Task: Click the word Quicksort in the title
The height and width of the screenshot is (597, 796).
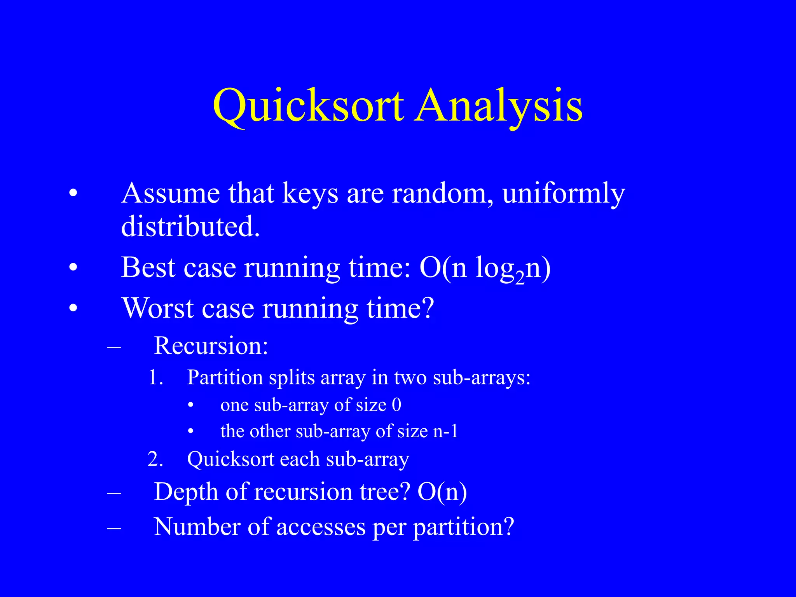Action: [309, 106]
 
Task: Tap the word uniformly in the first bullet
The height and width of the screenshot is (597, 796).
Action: [563, 193]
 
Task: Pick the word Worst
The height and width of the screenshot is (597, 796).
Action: [158, 308]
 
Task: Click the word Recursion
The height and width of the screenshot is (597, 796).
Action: [211, 345]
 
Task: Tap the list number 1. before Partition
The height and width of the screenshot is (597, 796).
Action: [155, 377]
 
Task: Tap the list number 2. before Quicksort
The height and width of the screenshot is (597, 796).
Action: [155, 459]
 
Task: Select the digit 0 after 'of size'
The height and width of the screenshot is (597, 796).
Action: [396, 405]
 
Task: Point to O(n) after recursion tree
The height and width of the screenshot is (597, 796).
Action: [442, 492]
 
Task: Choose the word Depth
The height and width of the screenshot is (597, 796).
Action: [186, 492]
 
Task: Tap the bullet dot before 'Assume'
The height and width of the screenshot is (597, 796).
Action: [73, 193]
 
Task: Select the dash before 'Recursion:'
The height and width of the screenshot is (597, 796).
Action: [114, 346]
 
